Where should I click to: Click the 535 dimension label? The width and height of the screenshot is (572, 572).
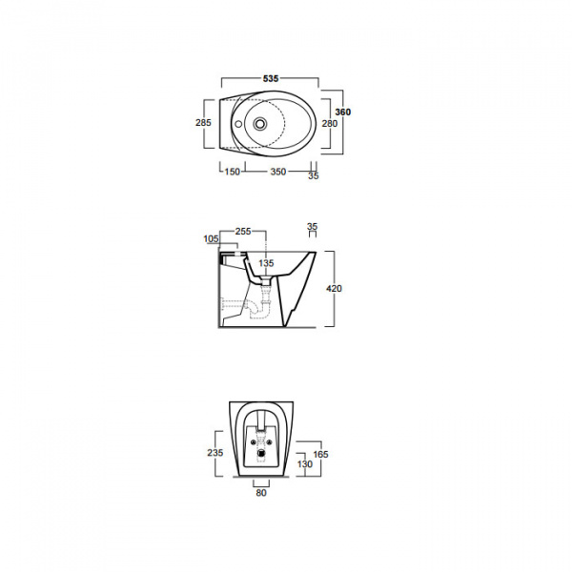[271, 78]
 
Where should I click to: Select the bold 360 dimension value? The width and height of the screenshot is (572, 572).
[343, 112]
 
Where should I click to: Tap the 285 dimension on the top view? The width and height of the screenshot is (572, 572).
[203, 123]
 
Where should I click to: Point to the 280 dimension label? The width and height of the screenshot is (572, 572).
[330, 124]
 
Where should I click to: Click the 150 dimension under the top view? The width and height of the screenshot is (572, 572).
[233, 172]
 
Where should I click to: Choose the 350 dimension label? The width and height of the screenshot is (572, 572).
[278, 172]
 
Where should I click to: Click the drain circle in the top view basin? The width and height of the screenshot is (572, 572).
[260, 124]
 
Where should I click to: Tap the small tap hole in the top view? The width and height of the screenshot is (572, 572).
[238, 124]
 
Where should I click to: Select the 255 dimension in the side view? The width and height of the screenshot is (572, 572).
[243, 232]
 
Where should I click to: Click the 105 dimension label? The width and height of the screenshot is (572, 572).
[211, 239]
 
